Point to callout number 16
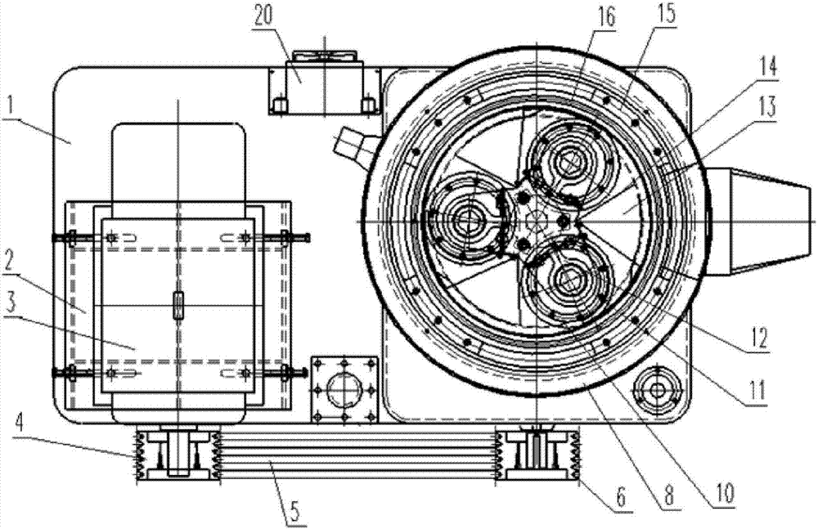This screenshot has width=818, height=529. coord(605,19)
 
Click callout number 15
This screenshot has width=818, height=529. coord(665,14)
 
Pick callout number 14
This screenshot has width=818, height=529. coord(768,68)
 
